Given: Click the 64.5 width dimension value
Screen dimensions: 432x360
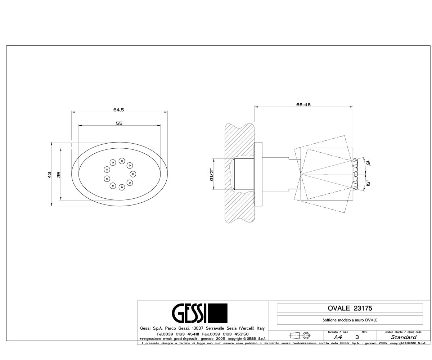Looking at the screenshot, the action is [118, 110].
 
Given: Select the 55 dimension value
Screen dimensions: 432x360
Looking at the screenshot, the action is [119, 123].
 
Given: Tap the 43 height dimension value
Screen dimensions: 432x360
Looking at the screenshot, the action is [49, 175].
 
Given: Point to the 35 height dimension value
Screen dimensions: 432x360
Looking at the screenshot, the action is [59, 175].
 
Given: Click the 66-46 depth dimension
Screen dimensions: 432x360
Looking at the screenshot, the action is [303, 105].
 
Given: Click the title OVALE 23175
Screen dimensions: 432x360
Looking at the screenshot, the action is [350, 309].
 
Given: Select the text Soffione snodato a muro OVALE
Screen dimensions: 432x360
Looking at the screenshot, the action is [350, 320].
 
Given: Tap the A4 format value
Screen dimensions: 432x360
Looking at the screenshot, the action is [338, 337].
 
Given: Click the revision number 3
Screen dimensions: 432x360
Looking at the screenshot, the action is [357, 337].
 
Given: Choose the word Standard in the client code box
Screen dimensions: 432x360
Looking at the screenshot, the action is [404, 337].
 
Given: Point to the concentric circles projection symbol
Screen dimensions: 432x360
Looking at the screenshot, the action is [306, 336].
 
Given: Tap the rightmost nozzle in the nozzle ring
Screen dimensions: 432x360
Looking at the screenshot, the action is [132, 174].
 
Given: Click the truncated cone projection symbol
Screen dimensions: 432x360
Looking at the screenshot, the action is [295, 336].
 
